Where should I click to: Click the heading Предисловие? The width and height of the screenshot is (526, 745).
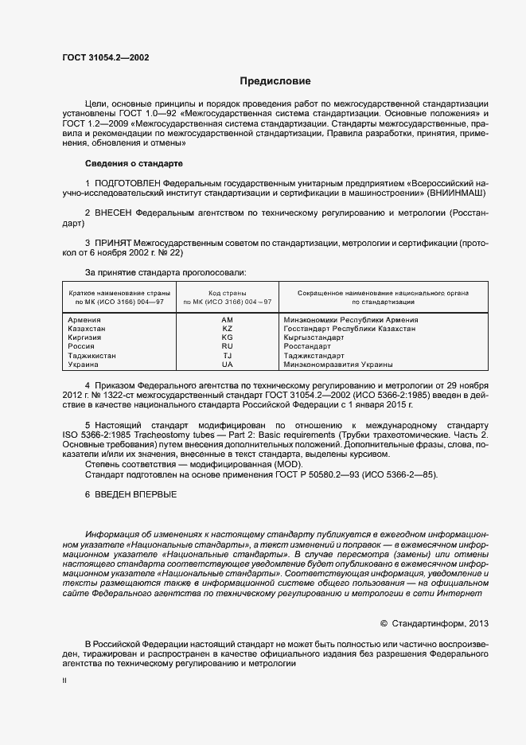(275, 81)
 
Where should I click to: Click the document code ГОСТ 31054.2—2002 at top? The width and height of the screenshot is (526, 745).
(105, 57)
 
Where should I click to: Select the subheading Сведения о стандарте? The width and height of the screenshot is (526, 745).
(134, 163)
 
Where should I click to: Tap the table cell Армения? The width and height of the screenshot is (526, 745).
(84, 319)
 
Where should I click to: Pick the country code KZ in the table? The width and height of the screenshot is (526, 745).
(227, 328)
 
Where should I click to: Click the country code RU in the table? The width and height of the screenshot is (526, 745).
(227, 346)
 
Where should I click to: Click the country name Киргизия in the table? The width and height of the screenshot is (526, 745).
(85, 337)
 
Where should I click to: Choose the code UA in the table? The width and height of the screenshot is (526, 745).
(227, 365)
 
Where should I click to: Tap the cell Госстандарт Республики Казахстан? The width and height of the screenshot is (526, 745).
(349, 328)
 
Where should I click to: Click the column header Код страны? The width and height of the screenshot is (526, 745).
(227, 293)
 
